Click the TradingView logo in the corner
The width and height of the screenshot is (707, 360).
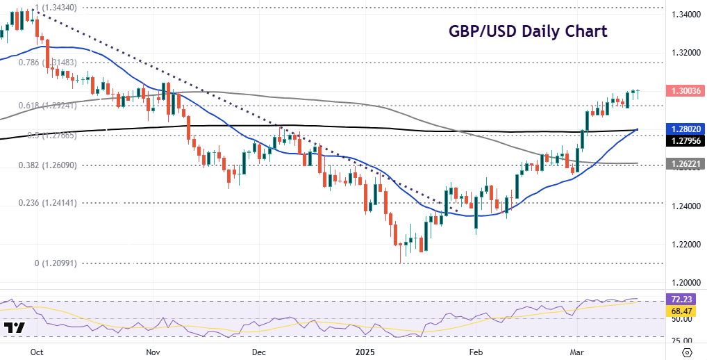(x=14, y=327)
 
